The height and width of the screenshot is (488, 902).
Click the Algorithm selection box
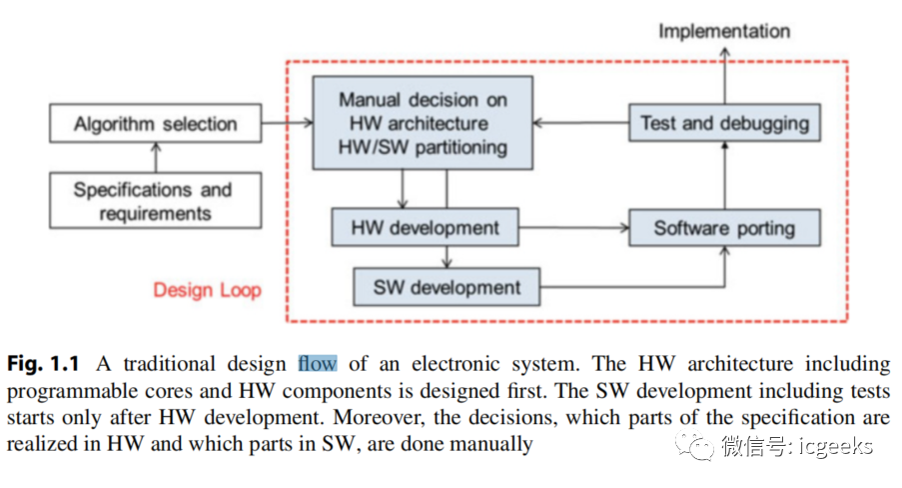click(154, 125)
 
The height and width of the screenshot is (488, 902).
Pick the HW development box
click(425, 228)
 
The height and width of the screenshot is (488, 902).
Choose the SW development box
click(447, 287)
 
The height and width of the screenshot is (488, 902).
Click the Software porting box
click(723, 228)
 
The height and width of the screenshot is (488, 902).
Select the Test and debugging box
click(724, 124)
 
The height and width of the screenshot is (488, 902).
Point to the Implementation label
click(723, 31)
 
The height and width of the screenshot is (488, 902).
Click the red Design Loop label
click(207, 290)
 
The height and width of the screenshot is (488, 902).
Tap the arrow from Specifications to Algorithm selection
click(154, 156)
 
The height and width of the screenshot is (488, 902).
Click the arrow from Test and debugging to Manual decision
click(579, 124)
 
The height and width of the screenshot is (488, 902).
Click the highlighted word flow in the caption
click(317, 363)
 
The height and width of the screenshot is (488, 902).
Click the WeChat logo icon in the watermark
click(694, 444)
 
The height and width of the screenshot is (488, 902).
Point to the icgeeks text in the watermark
click(833, 445)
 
